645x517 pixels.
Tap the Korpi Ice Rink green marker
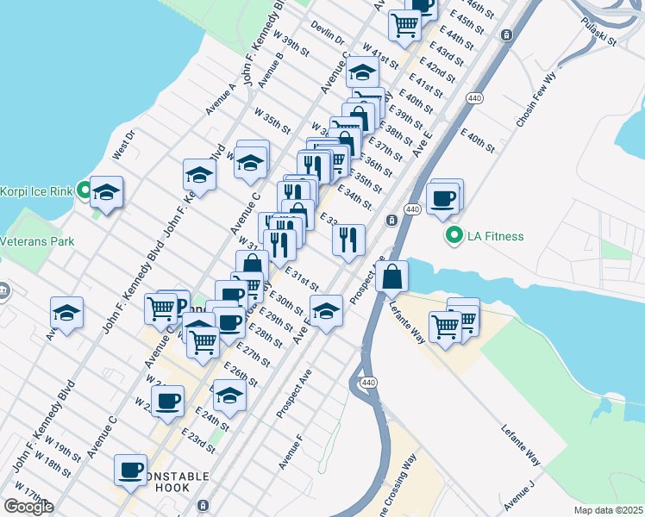[x=84, y=190]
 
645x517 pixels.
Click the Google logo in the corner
[x=28, y=507]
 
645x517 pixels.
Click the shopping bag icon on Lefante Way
[x=391, y=277]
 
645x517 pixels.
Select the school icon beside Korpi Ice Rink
[x=107, y=193]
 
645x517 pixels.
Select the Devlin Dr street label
[x=328, y=34]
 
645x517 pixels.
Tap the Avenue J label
[x=520, y=494]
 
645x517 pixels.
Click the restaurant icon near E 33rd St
[x=348, y=240]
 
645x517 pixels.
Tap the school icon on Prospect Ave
[x=326, y=312]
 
